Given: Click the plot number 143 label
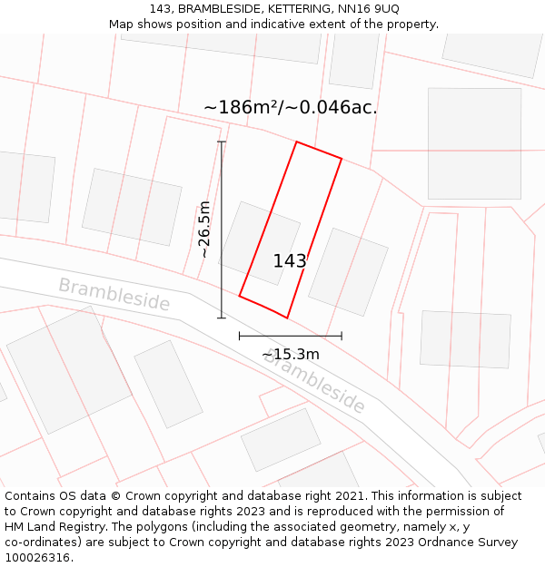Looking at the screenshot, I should point(290,261).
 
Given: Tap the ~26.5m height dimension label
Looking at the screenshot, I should point(204,230).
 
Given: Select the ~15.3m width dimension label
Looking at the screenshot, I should point(291,354).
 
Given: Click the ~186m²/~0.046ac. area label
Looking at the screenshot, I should point(290,107).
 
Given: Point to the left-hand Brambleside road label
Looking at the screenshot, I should point(114,295).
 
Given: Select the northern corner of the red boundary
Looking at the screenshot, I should point(296,142).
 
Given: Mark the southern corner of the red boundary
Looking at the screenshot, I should point(287,318).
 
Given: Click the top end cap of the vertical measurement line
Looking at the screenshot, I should point(222,142).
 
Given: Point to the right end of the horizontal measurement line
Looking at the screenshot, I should point(342,336).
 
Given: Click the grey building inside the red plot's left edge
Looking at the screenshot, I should point(259,242).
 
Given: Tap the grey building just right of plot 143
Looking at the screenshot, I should point(348,271).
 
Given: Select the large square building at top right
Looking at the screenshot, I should point(474,143).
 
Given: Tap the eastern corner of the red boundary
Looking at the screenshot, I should point(342,159).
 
